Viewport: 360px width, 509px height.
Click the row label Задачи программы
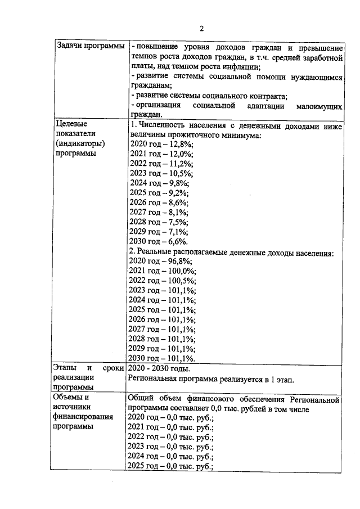(91, 46)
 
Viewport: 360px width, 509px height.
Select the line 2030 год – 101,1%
(161, 358)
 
